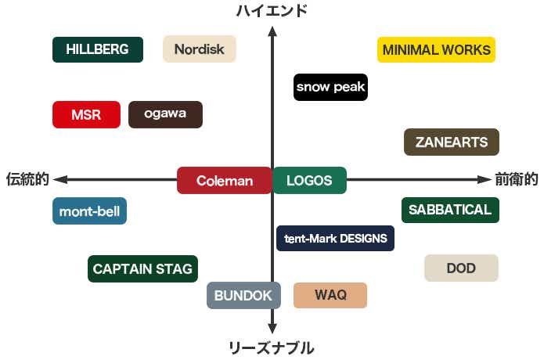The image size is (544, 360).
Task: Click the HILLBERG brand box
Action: (x=97, y=49)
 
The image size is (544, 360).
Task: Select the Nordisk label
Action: (x=199, y=49)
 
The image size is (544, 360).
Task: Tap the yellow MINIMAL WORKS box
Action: (x=436, y=49)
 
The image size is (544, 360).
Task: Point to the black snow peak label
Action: (x=330, y=87)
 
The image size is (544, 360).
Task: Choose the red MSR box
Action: (x=86, y=114)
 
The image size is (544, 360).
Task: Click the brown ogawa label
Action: (x=165, y=114)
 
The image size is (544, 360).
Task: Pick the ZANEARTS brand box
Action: (x=452, y=142)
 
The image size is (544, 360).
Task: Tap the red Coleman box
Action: (x=224, y=180)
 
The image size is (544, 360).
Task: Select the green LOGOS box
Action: (x=309, y=180)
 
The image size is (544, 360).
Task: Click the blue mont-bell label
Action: (x=89, y=211)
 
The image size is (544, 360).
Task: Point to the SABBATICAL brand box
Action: (x=449, y=210)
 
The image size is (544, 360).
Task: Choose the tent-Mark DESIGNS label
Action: (x=335, y=238)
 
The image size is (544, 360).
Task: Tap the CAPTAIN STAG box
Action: (x=142, y=268)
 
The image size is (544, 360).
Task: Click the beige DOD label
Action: (x=461, y=268)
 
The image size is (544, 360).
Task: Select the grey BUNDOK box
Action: (x=243, y=295)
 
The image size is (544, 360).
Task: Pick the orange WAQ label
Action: (x=330, y=295)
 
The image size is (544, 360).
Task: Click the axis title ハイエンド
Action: (x=272, y=10)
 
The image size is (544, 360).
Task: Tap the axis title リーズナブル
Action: (x=272, y=347)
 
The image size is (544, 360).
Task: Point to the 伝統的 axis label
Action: (x=27, y=179)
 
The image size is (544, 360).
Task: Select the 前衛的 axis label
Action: (x=517, y=179)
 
